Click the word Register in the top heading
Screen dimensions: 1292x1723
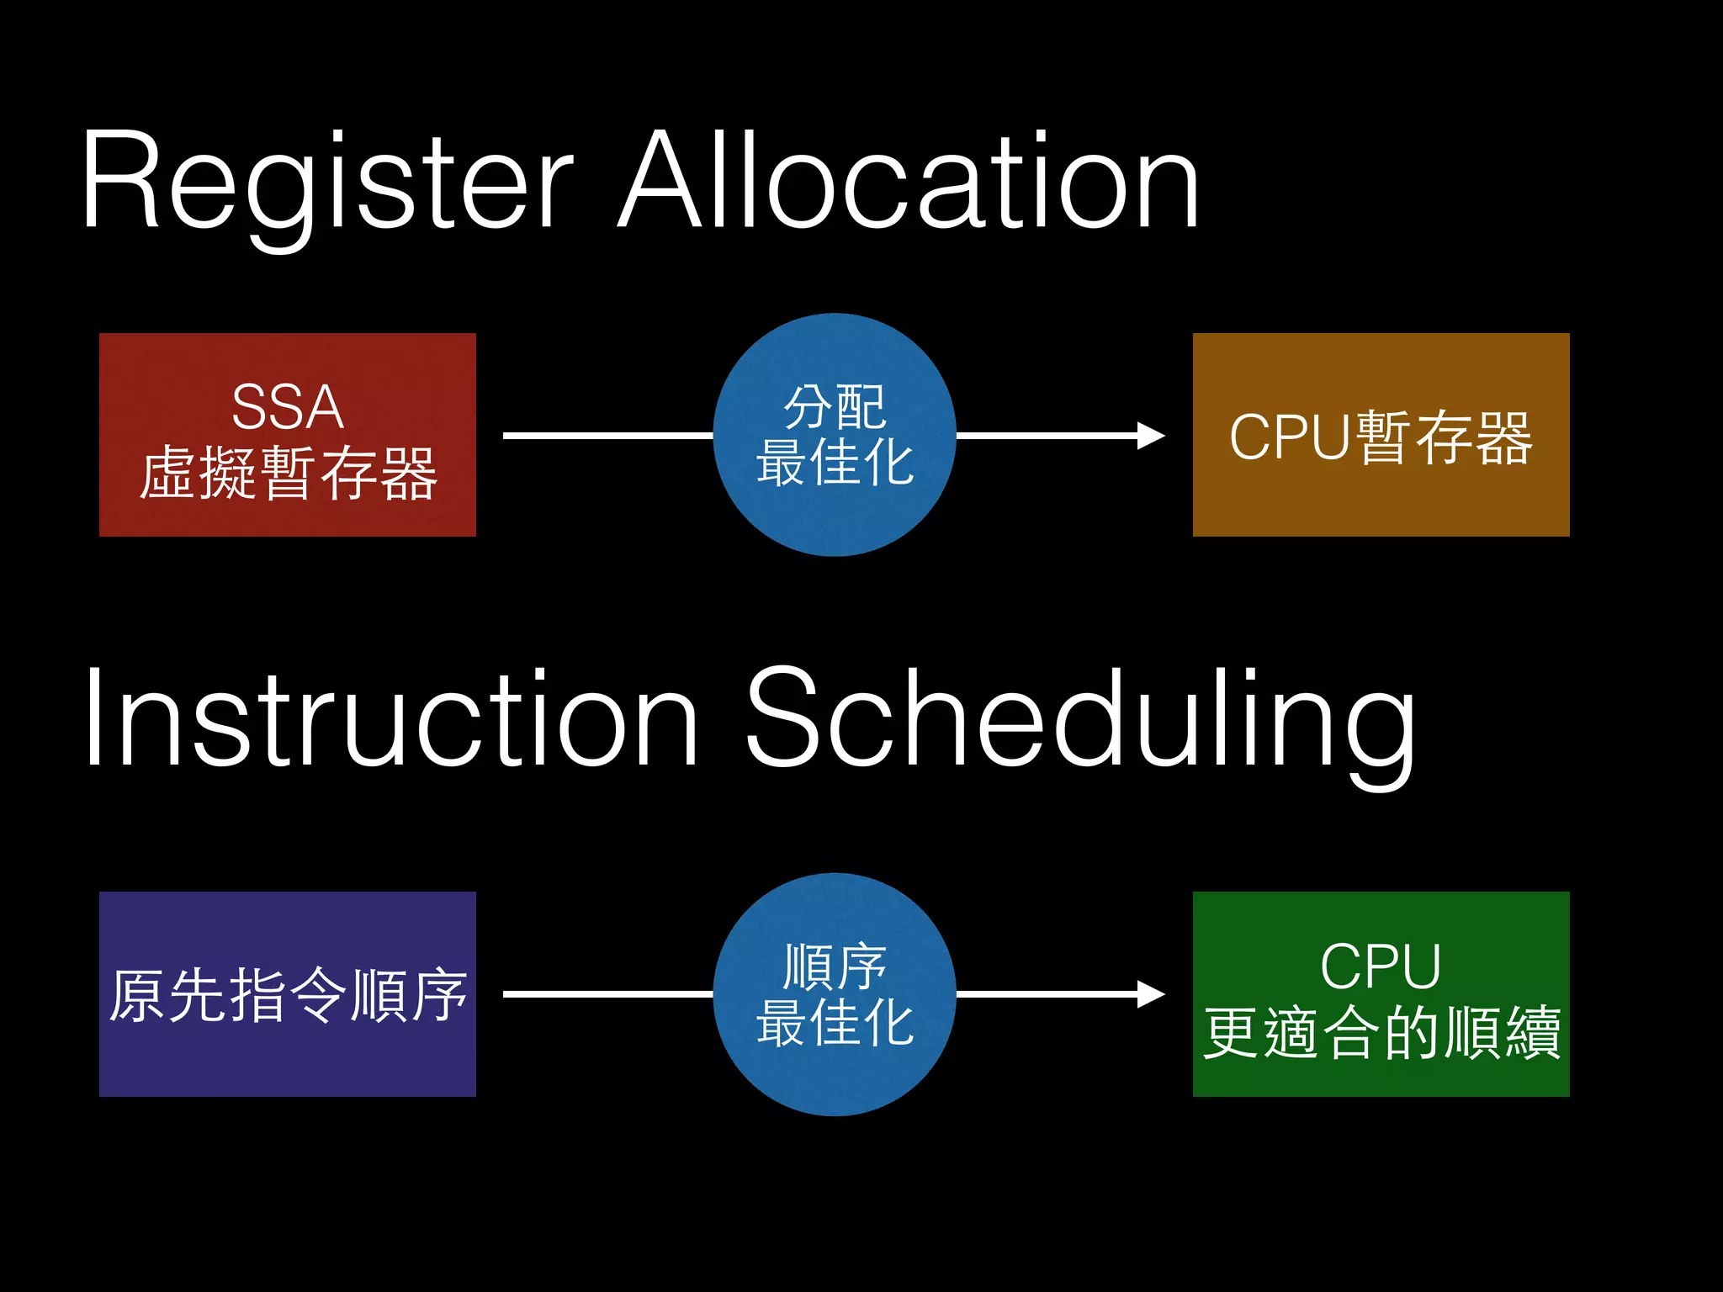(x=328, y=181)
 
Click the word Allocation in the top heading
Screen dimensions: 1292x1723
(x=909, y=181)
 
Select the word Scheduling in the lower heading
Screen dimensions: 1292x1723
(x=1081, y=719)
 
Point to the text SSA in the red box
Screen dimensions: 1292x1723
(x=288, y=407)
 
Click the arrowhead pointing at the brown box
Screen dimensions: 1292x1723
(x=1150, y=436)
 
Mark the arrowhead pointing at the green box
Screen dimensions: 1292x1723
(x=1150, y=994)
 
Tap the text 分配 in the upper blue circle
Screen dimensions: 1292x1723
(x=835, y=407)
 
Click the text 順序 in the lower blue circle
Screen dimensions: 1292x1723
(x=835, y=966)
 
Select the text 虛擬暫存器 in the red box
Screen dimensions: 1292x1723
(x=288, y=473)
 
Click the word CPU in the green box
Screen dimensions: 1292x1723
(x=1381, y=966)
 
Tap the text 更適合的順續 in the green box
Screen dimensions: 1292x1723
(x=1381, y=1032)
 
